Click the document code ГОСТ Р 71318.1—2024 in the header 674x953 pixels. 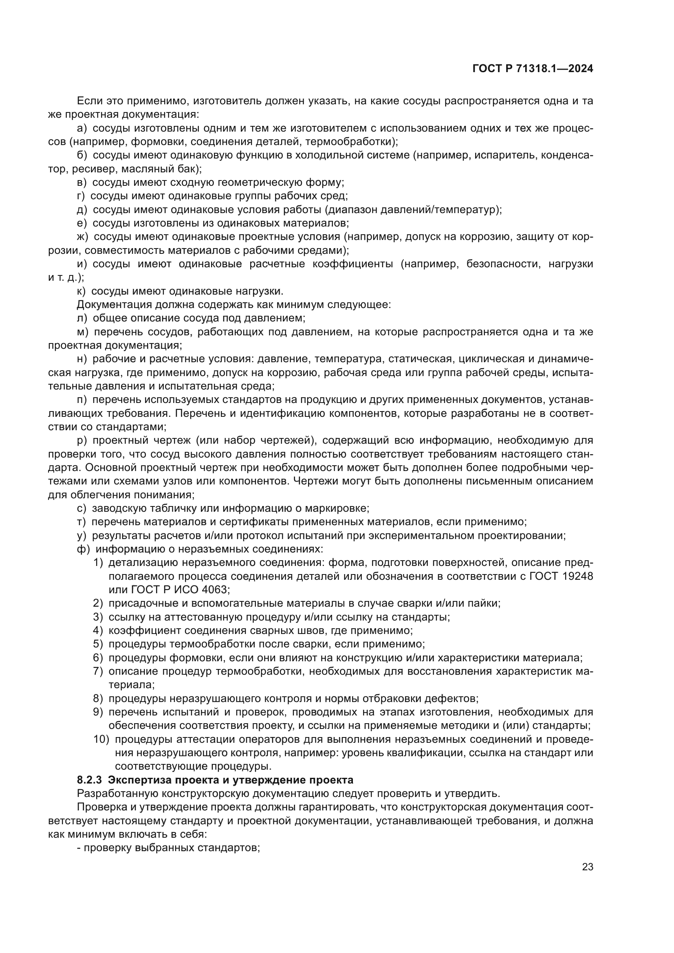[533, 69]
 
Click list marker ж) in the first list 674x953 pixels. [83, 237]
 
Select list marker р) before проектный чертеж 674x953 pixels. [82, 440]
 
